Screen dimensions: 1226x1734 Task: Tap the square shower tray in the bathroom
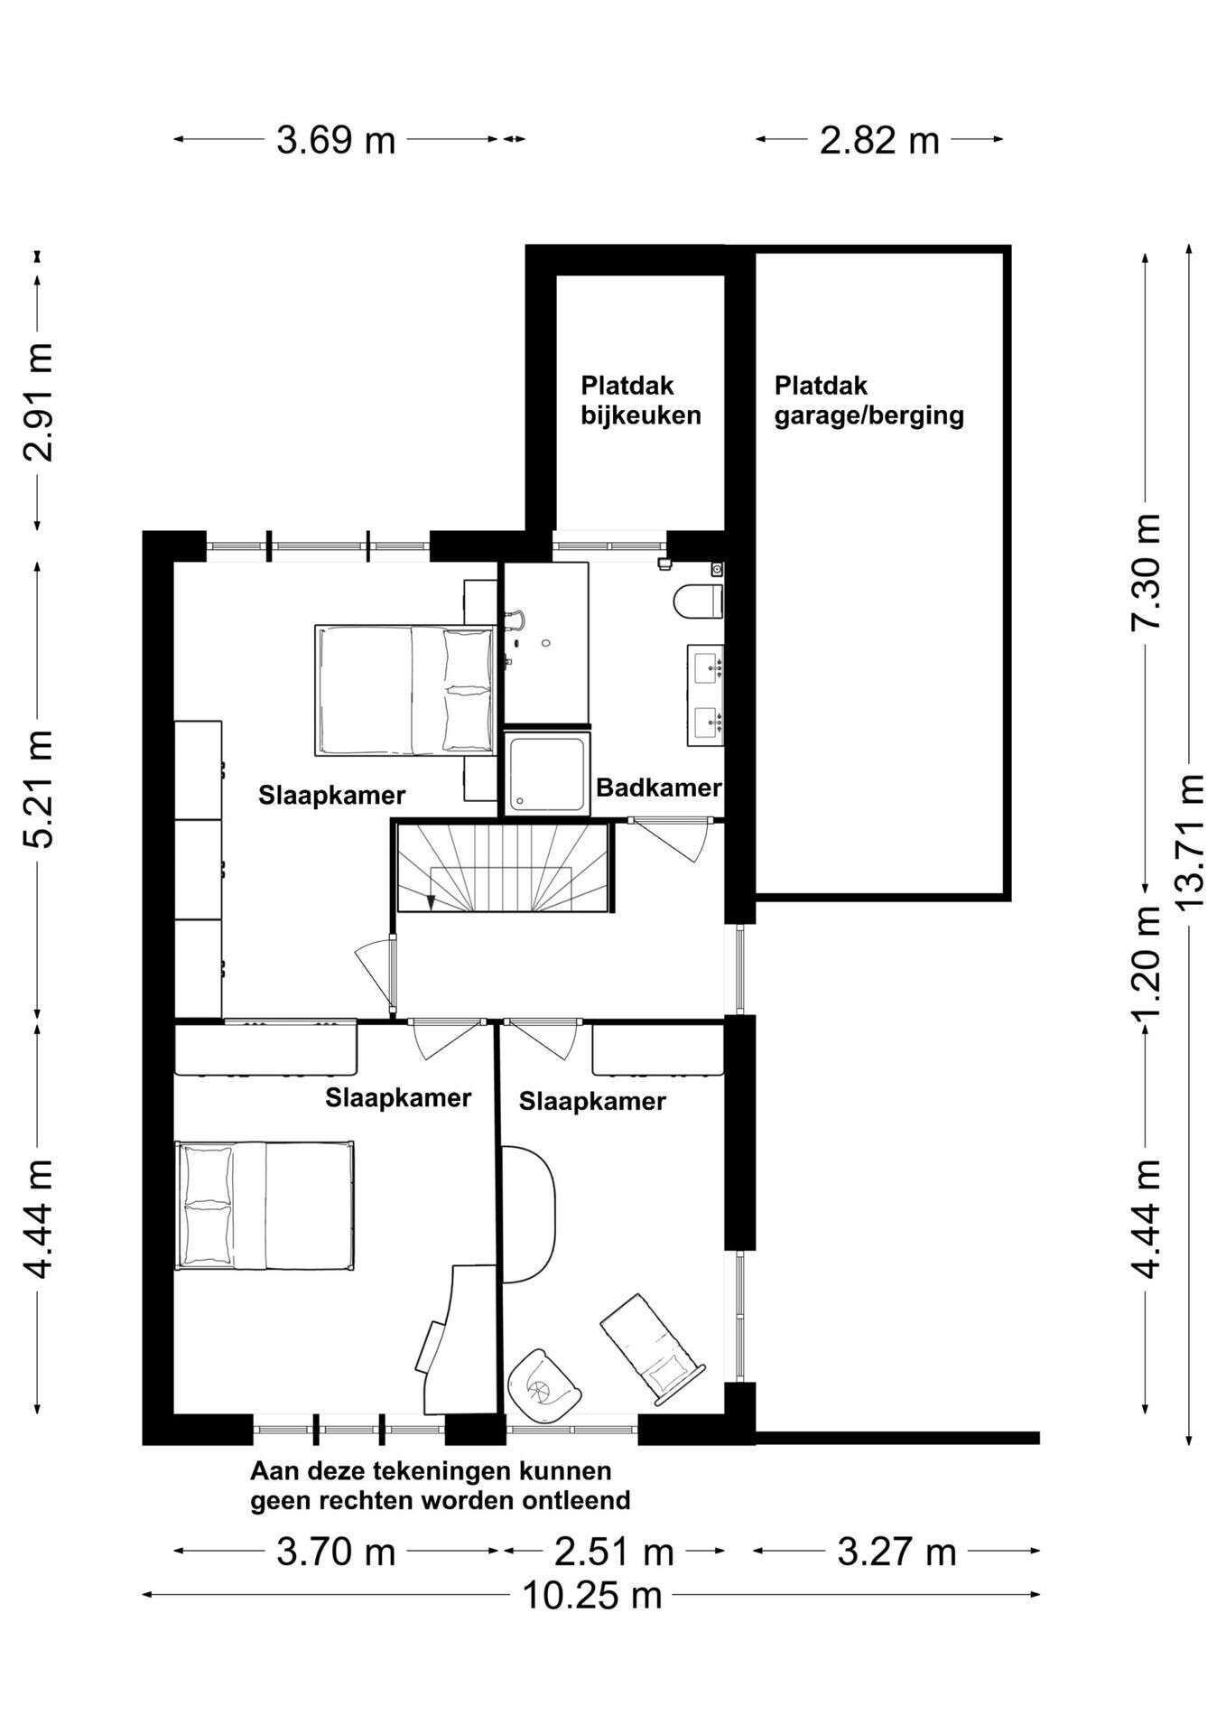click(548, 772)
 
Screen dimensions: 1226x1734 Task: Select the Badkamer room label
click(659, 788)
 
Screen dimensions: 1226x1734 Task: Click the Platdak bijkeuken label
click(641, 400)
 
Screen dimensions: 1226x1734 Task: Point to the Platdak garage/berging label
click(868, 400)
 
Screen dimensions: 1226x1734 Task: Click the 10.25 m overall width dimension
click(592, 1596)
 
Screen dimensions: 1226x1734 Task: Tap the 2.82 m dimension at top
click(879, 140)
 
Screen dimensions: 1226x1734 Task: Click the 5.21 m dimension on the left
click(38, 788)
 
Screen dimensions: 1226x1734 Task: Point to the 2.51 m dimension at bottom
click(614, 1552)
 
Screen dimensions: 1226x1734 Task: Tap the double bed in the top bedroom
click(405, 691)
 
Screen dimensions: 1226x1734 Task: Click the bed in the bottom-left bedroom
click(265, 1206)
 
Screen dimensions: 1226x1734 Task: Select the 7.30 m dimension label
click(1146, 572)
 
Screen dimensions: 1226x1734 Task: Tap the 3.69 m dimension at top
click(336, 140)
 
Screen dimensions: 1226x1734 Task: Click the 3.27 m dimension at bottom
click(896, 1552)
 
